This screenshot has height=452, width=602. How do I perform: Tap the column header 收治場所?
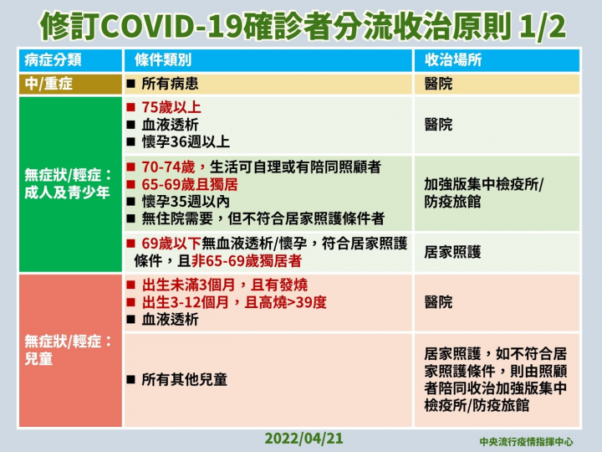[x=452, y=61]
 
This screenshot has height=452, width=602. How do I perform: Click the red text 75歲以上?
[x=171, y=108]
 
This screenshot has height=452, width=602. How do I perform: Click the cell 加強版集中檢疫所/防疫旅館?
[x=483, y=193]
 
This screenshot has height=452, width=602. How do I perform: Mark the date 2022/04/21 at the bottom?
[x=304, y=438]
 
